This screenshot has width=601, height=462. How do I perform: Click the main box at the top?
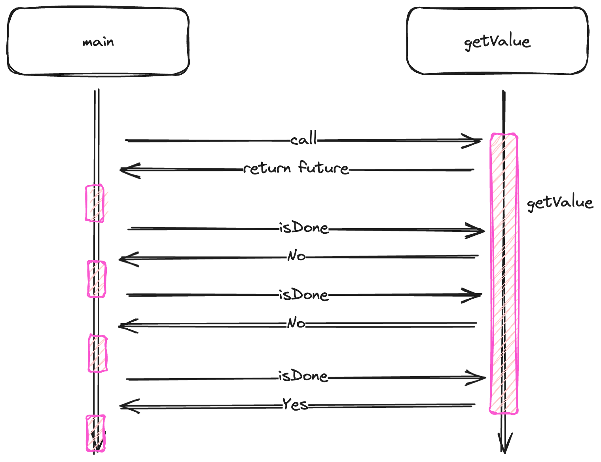pyautogui.click(x=98, y=42)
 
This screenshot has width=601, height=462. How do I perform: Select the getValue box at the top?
pyautogui.click(x=497, y=41)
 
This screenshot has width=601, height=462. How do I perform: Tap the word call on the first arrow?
pyautogui.click(x=303, y=139)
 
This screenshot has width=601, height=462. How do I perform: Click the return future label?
pyautogui.click(x=296, y=169)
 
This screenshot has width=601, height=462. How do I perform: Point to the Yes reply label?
pyautogui.click(x=295, y=405)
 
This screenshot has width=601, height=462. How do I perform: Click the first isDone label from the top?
pyautogui.click(x=303, y=228)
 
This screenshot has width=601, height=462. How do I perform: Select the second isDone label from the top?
pyautogui.click(x=303, y=295)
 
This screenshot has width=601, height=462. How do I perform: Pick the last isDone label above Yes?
pyautogui.click(x=303, y=376)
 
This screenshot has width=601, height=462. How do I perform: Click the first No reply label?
pyautogui.click(x=296, y=256)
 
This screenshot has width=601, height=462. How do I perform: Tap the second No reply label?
pyautogui.click(x=296, y=323)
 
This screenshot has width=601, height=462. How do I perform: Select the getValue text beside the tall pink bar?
pyautogui.click(x=560, y=203)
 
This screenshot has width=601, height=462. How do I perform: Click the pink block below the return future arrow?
pyautogui.click(x=95, y=203)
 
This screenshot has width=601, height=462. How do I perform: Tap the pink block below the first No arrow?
pyautogui.click(x=97, y=279)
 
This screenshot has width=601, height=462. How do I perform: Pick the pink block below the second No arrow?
pyautogui.click(x=97, y=353)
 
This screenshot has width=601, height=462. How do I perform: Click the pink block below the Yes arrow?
pyautogui.click(x=96, y=433)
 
